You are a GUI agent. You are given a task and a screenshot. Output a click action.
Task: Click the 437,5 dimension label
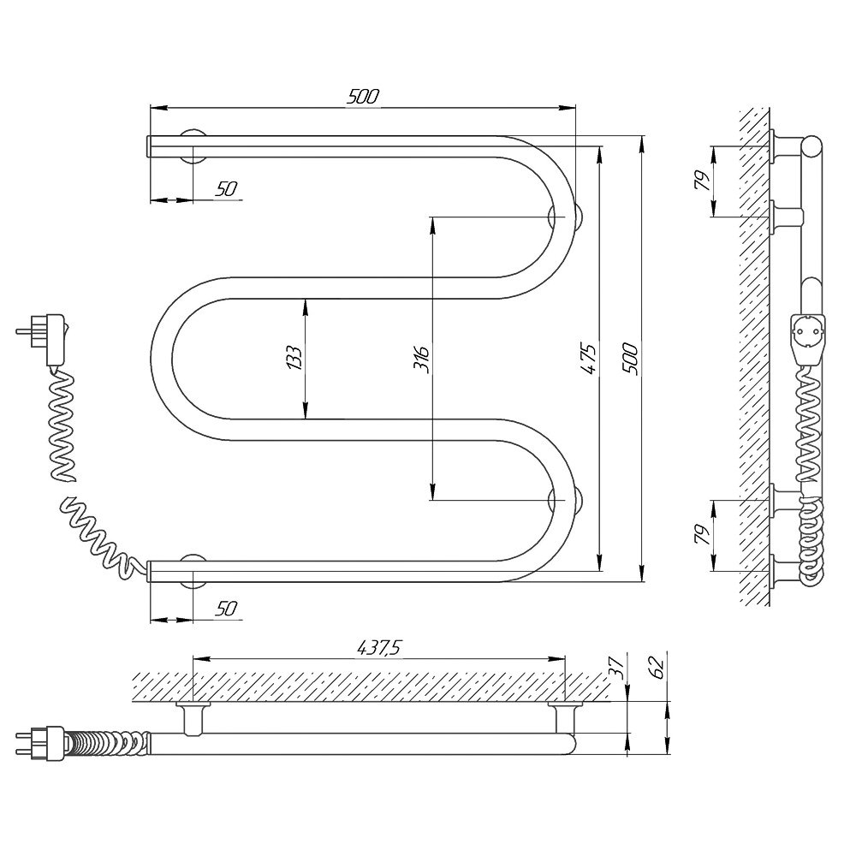pos(379,647)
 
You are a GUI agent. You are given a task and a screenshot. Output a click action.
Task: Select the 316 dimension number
pos(421,359)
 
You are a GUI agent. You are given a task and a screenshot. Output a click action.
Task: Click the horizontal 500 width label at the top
pos(362,97)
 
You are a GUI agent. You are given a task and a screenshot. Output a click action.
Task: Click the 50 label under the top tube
pos(226,189)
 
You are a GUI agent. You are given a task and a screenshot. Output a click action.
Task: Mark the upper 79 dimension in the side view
pos(703,181)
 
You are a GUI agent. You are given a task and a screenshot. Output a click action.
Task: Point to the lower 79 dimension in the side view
pos(703,534)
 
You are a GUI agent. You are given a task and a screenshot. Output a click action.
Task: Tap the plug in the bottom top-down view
pos(41,743)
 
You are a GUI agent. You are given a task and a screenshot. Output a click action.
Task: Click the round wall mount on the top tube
pos(193,146)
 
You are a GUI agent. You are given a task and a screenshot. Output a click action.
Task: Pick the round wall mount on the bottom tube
pos(193,570)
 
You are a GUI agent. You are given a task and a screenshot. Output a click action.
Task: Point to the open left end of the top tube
pos(149,146)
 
